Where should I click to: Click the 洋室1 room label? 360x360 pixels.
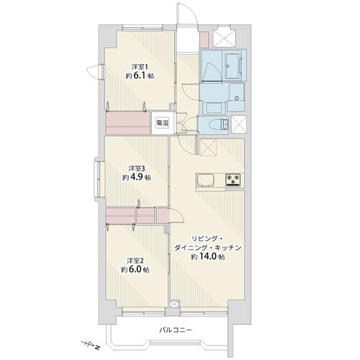139,66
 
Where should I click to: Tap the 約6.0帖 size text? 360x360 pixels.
135,269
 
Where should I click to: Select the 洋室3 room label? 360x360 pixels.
136,168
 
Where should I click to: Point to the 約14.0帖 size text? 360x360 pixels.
208,257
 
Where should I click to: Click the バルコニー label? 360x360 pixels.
176,330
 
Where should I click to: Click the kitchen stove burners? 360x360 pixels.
233,179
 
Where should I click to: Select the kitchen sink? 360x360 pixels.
205,180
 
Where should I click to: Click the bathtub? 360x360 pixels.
233,65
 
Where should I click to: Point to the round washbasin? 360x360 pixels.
237,98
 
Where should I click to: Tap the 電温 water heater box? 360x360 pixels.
162,123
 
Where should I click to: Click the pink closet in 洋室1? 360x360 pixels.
127,123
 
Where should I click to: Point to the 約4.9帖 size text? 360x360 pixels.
137,177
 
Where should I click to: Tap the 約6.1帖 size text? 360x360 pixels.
140,76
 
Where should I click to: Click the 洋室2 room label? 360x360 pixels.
135,260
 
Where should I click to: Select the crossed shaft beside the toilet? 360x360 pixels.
238,125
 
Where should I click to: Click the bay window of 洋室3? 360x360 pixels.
99,179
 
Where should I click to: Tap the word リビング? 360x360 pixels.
204,239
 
